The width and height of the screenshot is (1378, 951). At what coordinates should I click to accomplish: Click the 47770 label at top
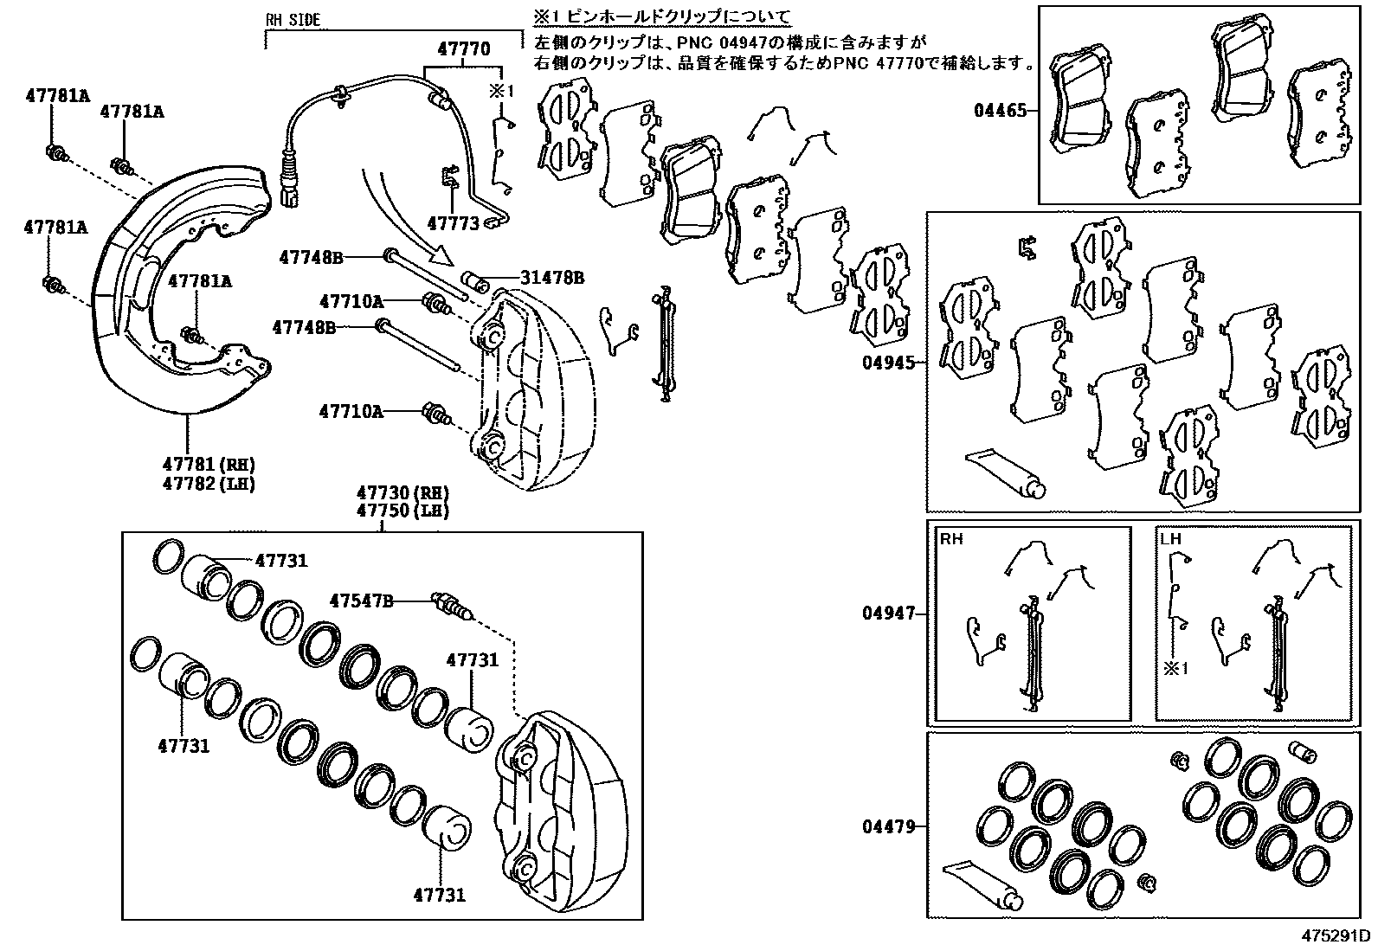tap(463, 49)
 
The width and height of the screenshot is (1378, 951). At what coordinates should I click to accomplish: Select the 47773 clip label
tap(453, 224)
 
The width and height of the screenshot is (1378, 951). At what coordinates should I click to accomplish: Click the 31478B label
tap(551, 278)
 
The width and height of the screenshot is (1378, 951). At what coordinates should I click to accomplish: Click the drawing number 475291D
tap(1334, 936)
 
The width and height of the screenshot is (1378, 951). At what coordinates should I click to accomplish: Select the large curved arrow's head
tap(442, 255)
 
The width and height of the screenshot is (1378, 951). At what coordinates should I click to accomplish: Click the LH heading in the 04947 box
tap(1170, 539)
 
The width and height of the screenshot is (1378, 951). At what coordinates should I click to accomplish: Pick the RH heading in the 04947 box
tap(951, 539)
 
